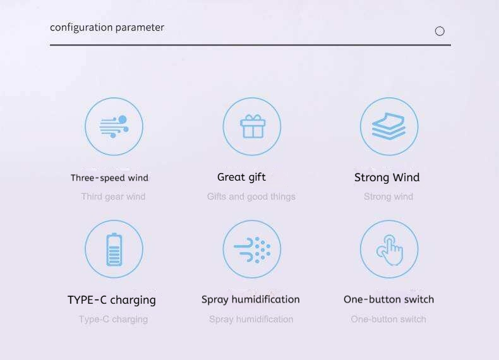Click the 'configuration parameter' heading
(x=107, y=28)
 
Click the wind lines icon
(x=114, y=127)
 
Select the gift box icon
(x=253, y=127)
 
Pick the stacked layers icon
(x=388, y=126)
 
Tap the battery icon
(x=114, y=249)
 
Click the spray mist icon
(x=252, y=249)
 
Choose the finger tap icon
(x=390, y=250)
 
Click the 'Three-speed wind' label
(x=109, y=177)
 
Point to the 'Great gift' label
(x=241, y=177)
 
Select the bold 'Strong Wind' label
(x=387, y=177)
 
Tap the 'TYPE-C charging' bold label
(x=112, y=300)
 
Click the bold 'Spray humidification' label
(x=251, y=299)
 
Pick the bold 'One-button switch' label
(x=388, y=299)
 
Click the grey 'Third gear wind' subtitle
(x=113, y=196)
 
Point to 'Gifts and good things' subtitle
(x=251, y=196)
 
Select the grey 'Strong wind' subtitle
(x=388, y=196)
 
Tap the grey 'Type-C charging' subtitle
(x=113, y=319)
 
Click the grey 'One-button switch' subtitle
(x=388, y=319)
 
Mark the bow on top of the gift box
(x=253, y=117)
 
